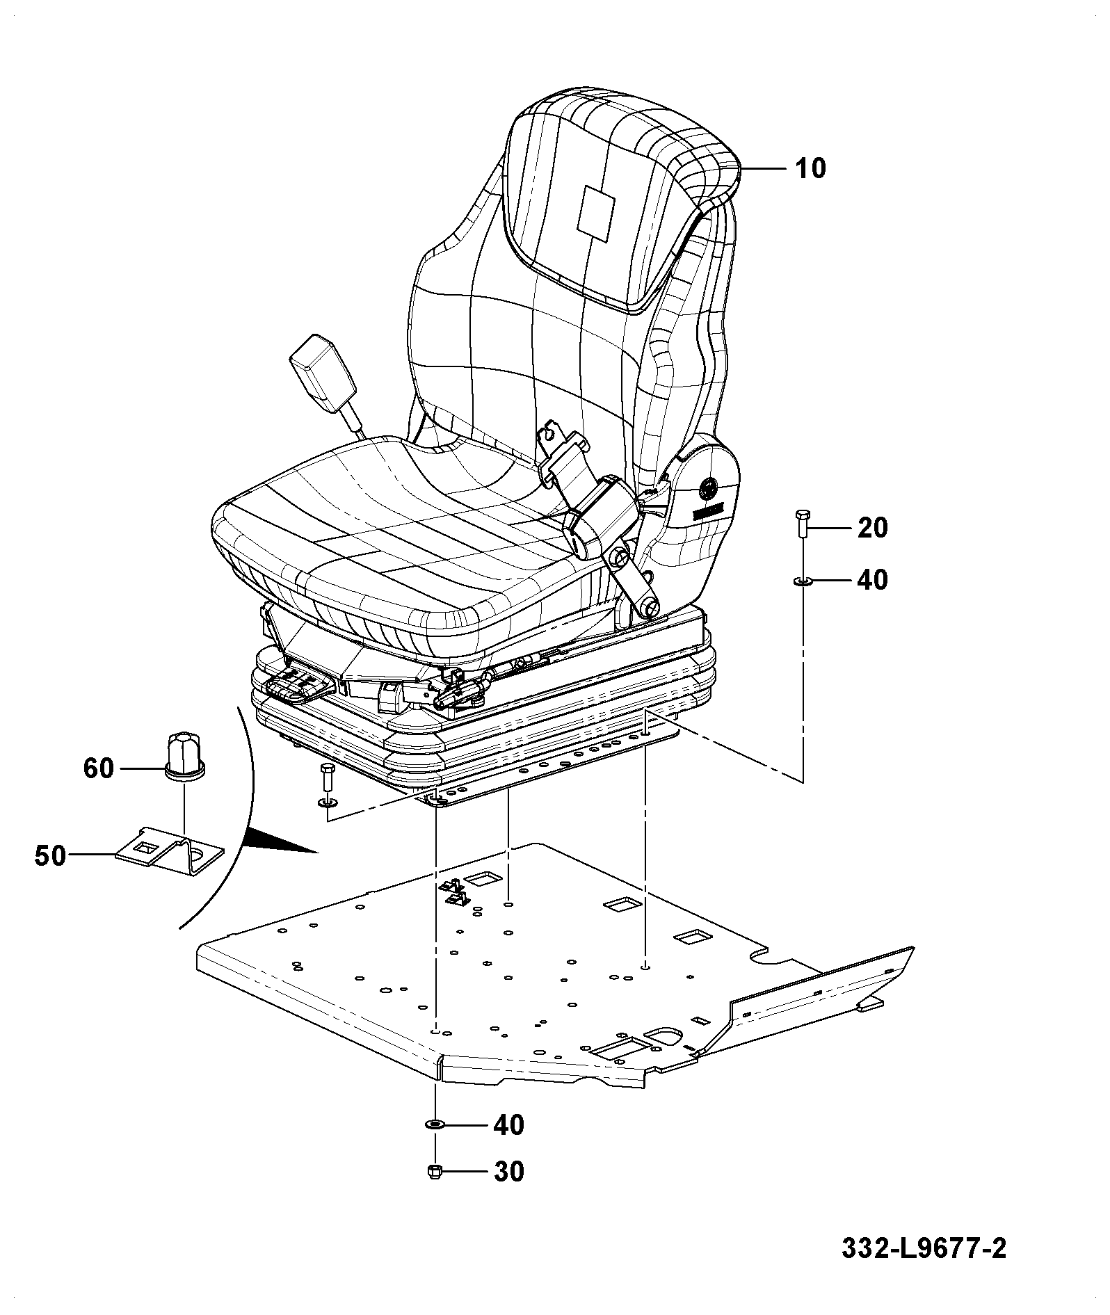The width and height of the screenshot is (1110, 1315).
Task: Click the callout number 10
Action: [810, 168]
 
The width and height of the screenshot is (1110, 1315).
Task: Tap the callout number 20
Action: [873, 529]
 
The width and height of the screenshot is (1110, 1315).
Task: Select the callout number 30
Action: [508, 1172]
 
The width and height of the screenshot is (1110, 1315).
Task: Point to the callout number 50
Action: [50, 856]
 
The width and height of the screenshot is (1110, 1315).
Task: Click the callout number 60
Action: [98, 768]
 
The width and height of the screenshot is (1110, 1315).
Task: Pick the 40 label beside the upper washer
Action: [873, 579]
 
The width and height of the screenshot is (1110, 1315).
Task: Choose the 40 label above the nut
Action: [508, 1124]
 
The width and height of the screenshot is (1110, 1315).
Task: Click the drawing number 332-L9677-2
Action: [924, 1248]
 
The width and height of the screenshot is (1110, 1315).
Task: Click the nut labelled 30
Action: [433, 1171]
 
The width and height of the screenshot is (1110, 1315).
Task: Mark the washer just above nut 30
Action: [434, 1124]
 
